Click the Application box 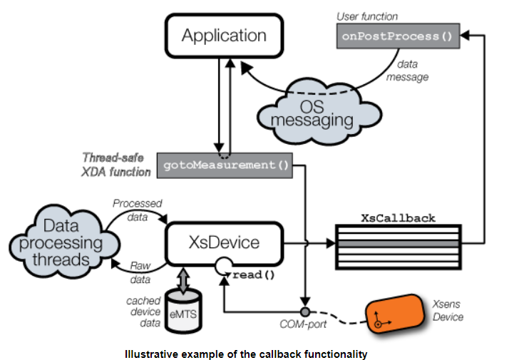point(223,35)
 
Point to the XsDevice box point(225,243)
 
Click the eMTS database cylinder point(184,310)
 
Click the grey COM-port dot point(306,312)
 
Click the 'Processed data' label point(137,209)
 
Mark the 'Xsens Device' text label point(448,311)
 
